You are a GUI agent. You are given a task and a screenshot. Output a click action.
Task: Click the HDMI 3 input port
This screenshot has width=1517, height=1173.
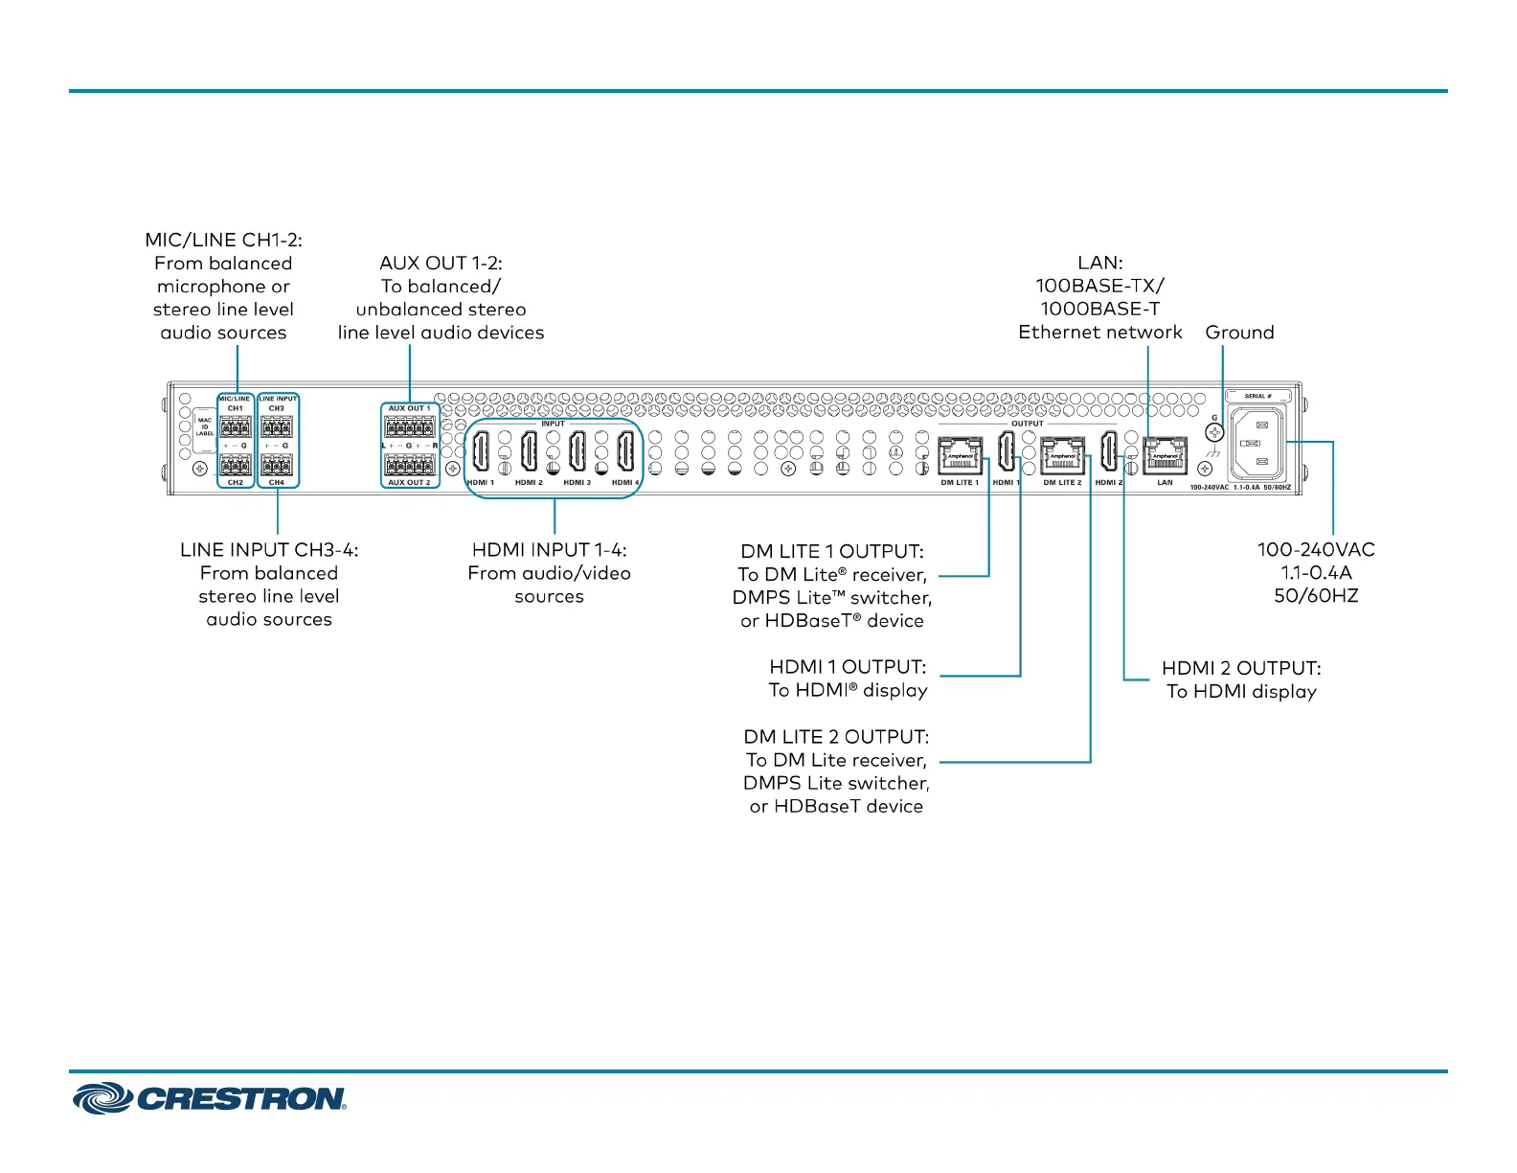(577, 450)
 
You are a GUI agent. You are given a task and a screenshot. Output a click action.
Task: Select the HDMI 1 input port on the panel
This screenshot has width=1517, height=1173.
(481, 450)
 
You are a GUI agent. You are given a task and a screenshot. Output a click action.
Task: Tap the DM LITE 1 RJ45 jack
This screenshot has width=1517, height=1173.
(960, 455)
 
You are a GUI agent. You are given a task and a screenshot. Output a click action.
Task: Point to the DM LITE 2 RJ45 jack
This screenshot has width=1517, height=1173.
(1062, 455)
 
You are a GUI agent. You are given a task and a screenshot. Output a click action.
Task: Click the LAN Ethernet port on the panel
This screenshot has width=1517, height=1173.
(1166, 455)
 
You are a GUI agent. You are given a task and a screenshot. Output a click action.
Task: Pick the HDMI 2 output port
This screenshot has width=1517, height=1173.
(1108, 450)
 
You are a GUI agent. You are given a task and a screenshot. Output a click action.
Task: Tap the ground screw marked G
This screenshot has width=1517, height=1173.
(1214, 432)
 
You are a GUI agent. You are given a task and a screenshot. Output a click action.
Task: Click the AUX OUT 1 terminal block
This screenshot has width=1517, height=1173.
(410, 426)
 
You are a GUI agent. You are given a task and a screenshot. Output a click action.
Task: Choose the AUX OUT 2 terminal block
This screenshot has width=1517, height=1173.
(410, 465)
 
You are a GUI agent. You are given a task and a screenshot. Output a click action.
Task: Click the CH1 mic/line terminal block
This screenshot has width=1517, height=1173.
(236, 426)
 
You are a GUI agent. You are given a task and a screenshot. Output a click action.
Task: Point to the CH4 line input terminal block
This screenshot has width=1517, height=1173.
(277, 466)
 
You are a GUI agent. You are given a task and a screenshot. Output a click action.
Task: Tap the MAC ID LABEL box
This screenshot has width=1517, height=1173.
(205, 426)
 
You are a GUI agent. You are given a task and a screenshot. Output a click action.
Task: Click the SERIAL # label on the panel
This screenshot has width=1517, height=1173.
(1257, 396)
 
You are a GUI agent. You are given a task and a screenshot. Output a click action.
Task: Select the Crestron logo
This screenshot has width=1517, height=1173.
(210, 1098)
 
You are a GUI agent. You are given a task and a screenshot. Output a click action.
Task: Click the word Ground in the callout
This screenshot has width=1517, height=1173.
(1239, 333)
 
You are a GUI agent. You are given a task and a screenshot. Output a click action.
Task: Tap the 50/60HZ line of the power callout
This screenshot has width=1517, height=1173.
(1316, 596)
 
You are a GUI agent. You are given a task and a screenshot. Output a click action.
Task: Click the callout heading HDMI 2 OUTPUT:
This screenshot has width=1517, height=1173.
(1241, 668)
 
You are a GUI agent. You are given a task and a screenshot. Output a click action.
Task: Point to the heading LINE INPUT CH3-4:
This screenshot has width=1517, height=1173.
(269, 550)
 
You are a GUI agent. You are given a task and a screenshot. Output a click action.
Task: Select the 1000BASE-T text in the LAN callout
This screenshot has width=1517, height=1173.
(1100, 309)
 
